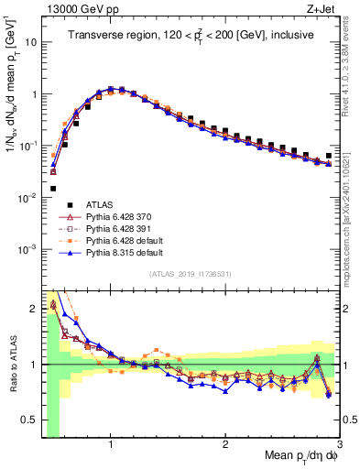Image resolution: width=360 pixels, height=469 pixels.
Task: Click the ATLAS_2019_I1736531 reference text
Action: (x=190, y=275)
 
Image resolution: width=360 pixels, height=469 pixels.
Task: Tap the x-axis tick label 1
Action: (x=111, y=446)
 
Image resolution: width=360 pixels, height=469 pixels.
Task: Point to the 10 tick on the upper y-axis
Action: (x=30, y=42)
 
